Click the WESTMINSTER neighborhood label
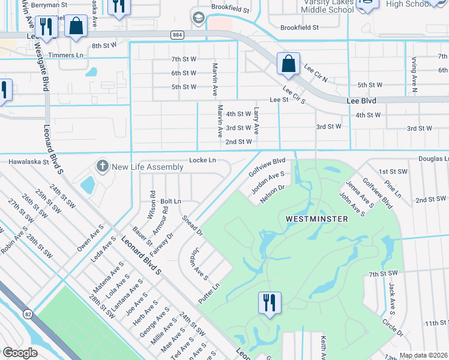(x=318, y=219)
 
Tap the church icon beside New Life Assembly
(x=103, y=165)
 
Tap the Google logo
(x=20, y=352)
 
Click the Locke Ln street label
(x=202, y=160)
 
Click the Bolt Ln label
(x=170, y=201)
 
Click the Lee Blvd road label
(x=361, y=101)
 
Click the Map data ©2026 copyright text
(x=423, y=355)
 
